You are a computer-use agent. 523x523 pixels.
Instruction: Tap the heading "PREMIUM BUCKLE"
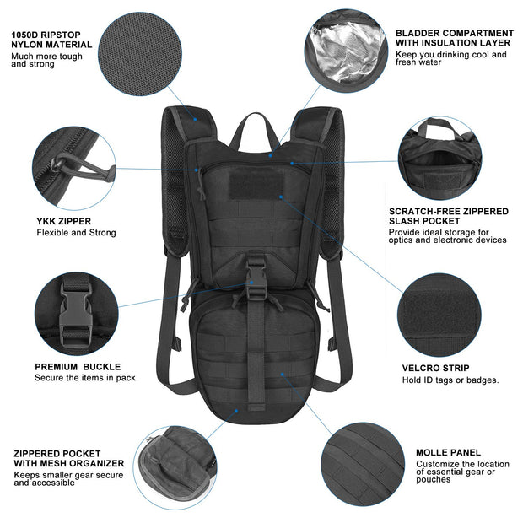[x=78, y=367]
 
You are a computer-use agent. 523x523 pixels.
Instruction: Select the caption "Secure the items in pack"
[x=84, y=377]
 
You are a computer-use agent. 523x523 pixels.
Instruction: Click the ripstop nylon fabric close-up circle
[x=144, y=51]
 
